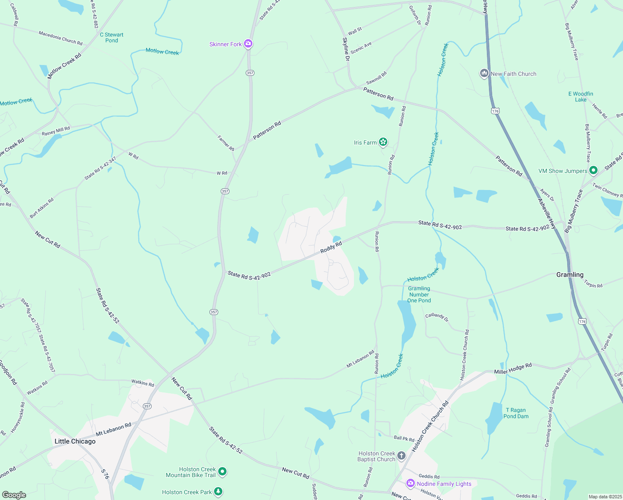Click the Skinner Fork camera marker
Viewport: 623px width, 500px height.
(x=248, y=44)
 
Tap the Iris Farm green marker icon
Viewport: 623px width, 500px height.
(x=383, y=142)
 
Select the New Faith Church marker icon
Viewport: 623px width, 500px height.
(x=484, y=74)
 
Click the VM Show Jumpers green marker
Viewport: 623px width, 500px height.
(x=593, y=170)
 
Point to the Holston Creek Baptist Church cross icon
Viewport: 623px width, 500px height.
(x=401, y=456)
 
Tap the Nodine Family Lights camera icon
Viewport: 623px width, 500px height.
(x=411, y=483)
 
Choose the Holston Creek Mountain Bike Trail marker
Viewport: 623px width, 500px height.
(x=223, y=472)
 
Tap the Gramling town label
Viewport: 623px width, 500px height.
(x=570, y=275)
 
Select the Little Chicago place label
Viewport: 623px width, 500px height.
(x=75, y=441)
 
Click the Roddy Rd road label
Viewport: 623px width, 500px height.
(x=331, y=247)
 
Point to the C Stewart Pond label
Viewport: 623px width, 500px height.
(x=112, y=37)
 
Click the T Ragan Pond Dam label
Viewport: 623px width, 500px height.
(x=516, y=413)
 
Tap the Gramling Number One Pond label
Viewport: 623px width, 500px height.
(x=419, y=294)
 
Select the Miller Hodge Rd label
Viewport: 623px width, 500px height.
(x=513, y=369)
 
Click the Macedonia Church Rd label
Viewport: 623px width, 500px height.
(x=60, y=38)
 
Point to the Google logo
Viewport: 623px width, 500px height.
(x=14, y=495)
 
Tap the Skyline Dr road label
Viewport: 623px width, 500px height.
(x=346, y=49)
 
